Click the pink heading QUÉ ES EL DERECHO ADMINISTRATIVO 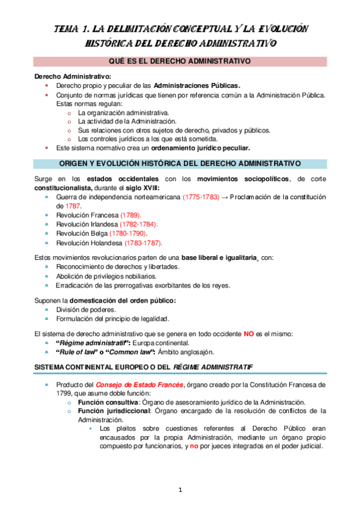pos(180,61)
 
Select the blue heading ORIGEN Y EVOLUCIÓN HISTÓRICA pos(180,164)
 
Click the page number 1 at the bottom pos(180,490)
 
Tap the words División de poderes pos(86,309)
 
